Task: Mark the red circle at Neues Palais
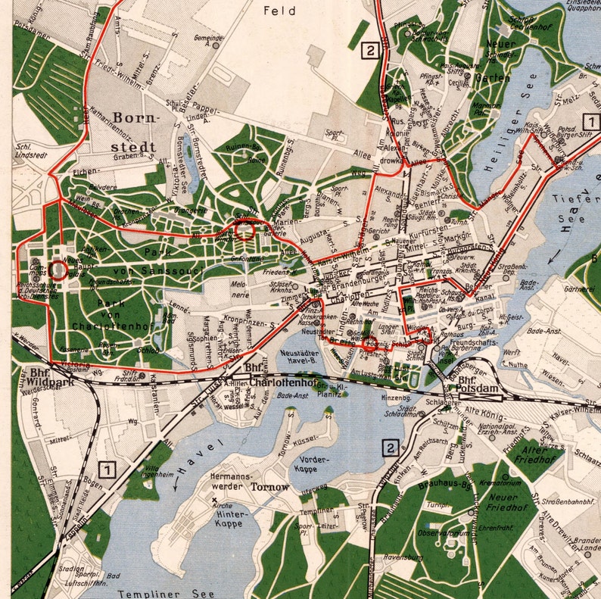click(58, 269)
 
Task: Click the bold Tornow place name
click(269, 487)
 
